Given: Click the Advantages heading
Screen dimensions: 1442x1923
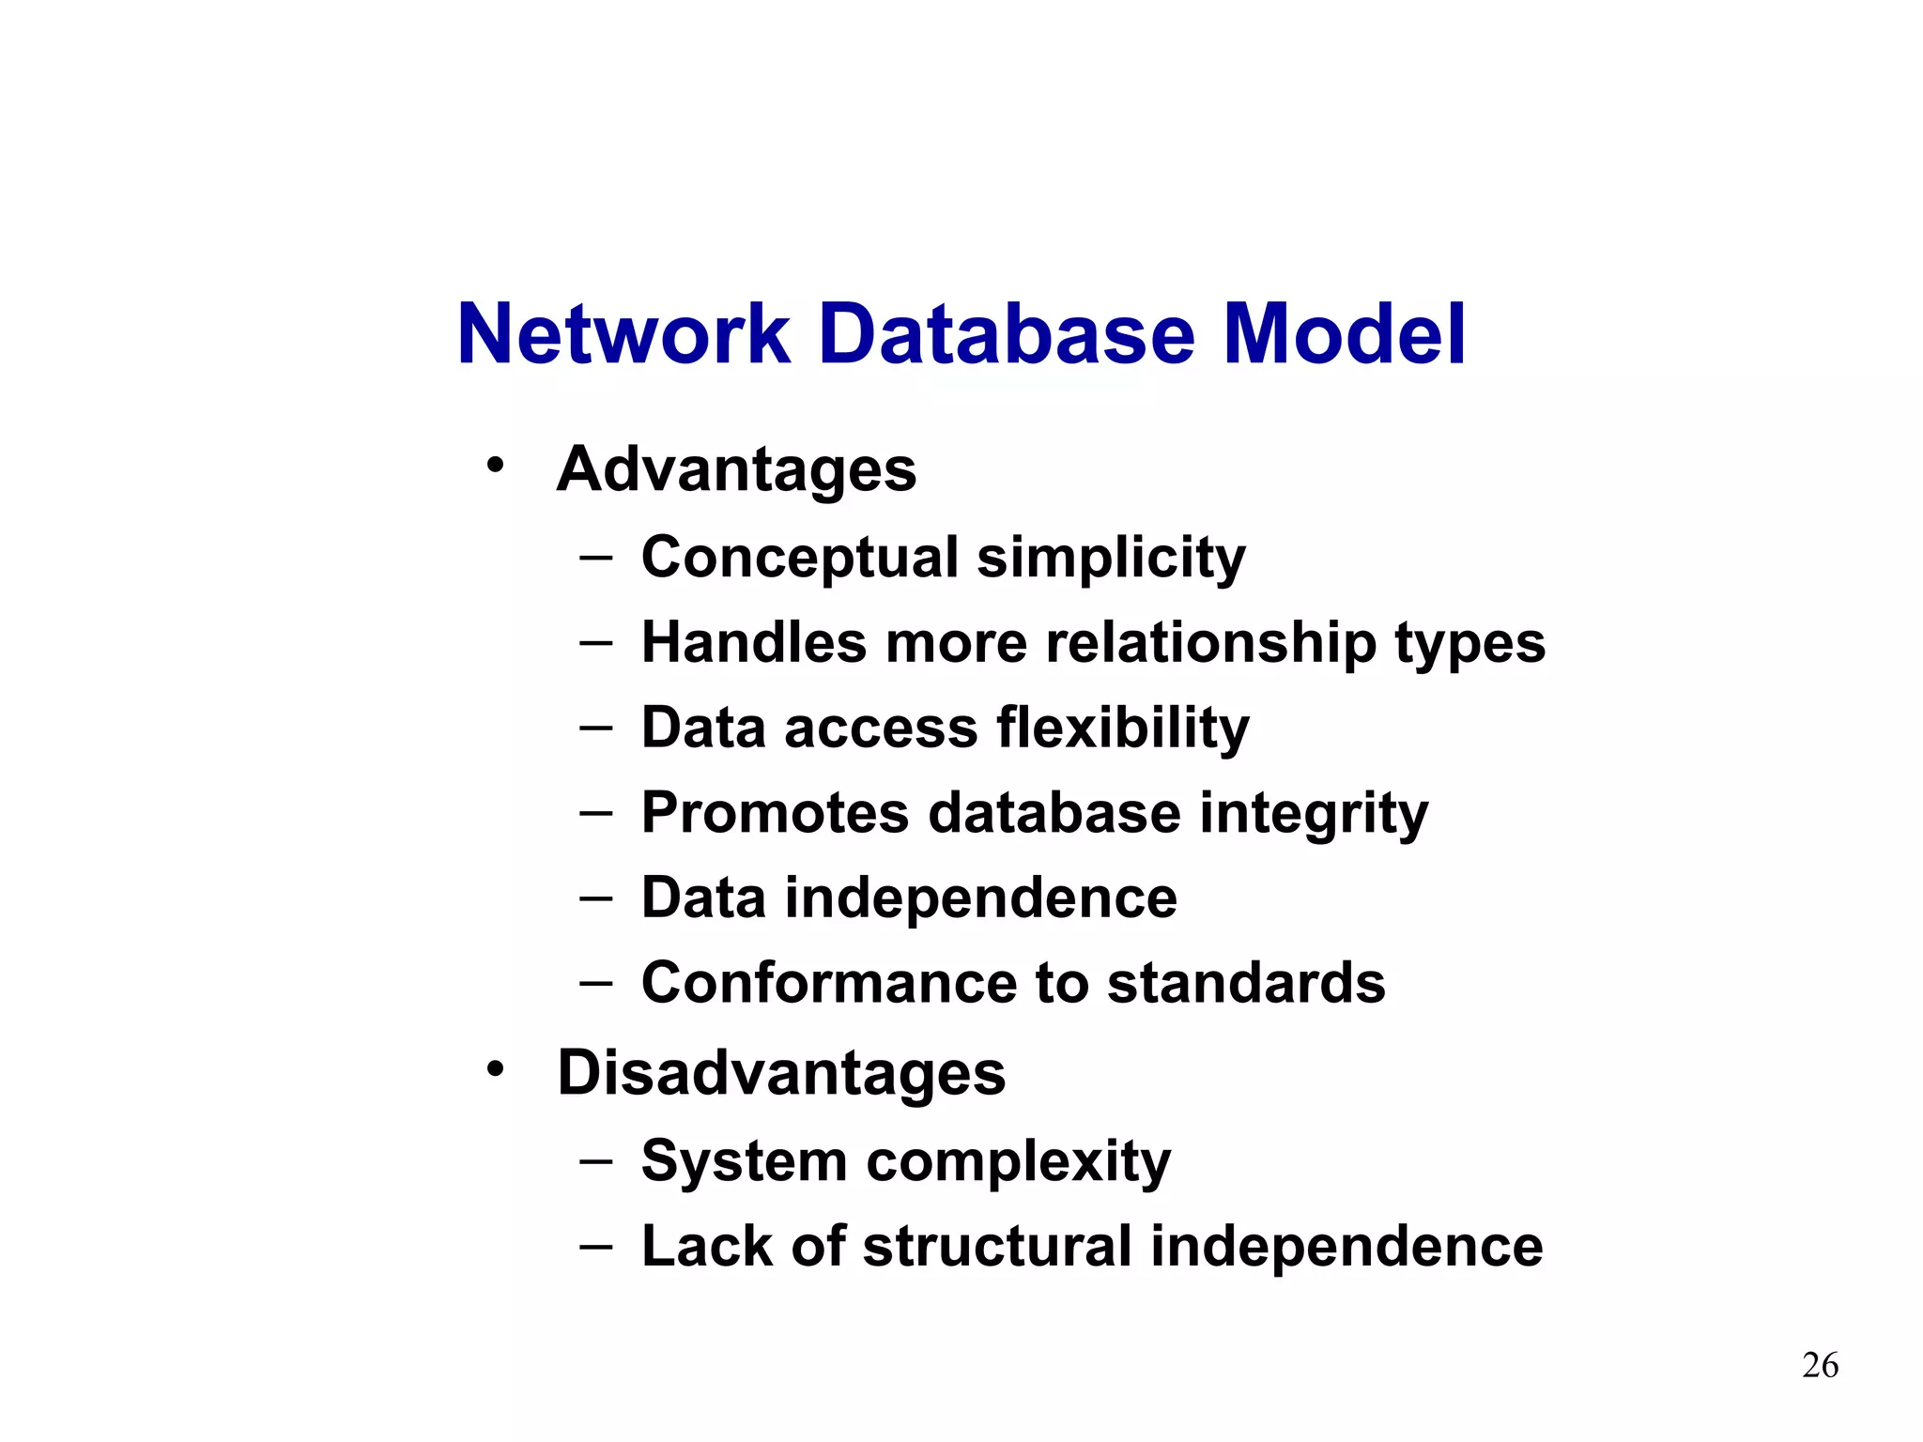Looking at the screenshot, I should coord(736,469).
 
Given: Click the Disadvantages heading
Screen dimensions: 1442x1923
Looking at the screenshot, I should coord(781,1073).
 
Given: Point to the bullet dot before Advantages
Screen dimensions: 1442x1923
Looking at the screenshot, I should coord(495,465).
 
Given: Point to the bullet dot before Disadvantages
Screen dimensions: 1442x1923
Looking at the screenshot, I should coord(495,1068).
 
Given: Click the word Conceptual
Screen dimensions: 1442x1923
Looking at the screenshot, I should coord(800,559).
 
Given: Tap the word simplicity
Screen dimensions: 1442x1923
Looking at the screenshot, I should coord(1111,559).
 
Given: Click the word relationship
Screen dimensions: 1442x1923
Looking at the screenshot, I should coord(1210,643).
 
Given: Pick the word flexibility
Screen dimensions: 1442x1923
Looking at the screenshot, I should coord(1123,729).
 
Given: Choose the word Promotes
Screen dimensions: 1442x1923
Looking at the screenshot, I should coord(776,813).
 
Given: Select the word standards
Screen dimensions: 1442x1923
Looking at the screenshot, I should coord(1246,983).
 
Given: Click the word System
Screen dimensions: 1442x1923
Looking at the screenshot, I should coord(745,1162).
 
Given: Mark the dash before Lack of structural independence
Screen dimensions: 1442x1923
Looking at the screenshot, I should coord(596,1247).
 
